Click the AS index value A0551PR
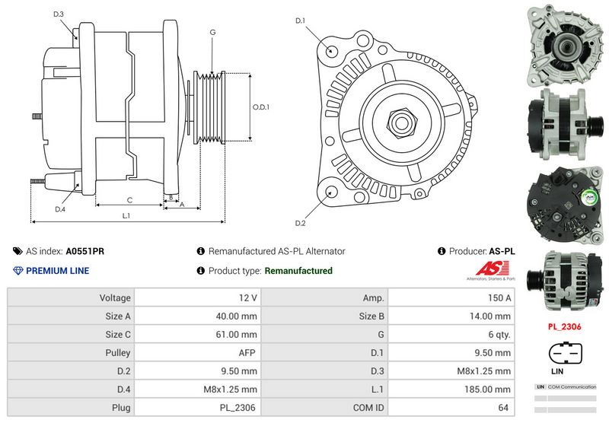[x=85, y=251]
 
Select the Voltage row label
[x=115, y=297]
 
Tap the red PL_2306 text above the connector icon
[x=564, y=326]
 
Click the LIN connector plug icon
[x=564, y=356]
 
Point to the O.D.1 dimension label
[x=261, y=107]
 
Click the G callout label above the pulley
[x=212, y=33]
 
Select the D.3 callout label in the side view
[x=59, y=14]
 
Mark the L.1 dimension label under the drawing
[x=126, y=216]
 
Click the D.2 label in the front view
[x=300, y=223]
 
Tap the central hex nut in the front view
[x=400, y=122]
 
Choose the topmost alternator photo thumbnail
[x=564, y=42]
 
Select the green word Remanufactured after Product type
[x=298, y=271]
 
